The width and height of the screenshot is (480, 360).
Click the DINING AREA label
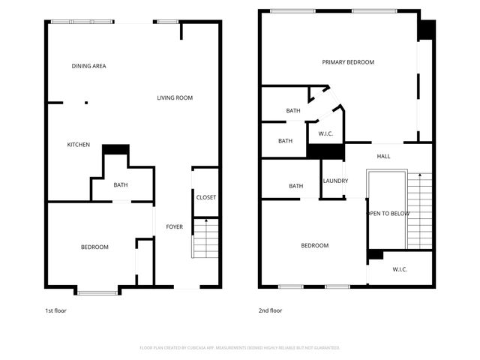tap(88, 66)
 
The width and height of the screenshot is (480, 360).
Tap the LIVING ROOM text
tap(175, 97)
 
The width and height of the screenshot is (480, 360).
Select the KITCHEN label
tap(79, 145)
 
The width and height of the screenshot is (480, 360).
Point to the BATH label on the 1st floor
tap(121, 185)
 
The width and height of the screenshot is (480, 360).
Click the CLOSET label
tap(205, 197)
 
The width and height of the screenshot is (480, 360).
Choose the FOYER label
tap(174, 226)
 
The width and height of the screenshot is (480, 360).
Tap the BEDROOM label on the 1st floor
tap(94, 247)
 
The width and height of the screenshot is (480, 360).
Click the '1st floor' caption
tap(55, 310)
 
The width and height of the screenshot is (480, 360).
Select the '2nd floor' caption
tap(270, 310)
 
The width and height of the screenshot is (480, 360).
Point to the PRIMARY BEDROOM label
tap(348, 62)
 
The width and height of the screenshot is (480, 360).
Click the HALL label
tap(383, 156)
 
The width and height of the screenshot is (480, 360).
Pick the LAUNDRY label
tap(335, 181)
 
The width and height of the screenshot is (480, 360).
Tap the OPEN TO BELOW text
tap(387, 213)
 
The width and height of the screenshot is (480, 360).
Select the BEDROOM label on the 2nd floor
tap(314, 245)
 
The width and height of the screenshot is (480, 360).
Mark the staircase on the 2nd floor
tap(420, 210)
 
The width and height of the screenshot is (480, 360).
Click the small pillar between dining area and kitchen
tap(86, 103)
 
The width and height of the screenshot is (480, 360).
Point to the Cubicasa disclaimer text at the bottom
tap(240, 347)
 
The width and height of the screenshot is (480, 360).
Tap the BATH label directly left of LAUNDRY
tap(296, 186)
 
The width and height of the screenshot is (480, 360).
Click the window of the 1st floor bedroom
tap(97, 292)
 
